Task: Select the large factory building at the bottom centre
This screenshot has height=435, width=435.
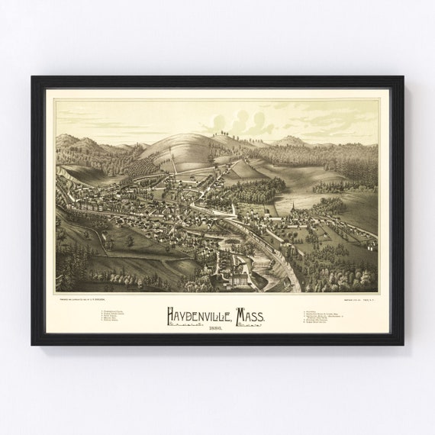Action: pos(239,279)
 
